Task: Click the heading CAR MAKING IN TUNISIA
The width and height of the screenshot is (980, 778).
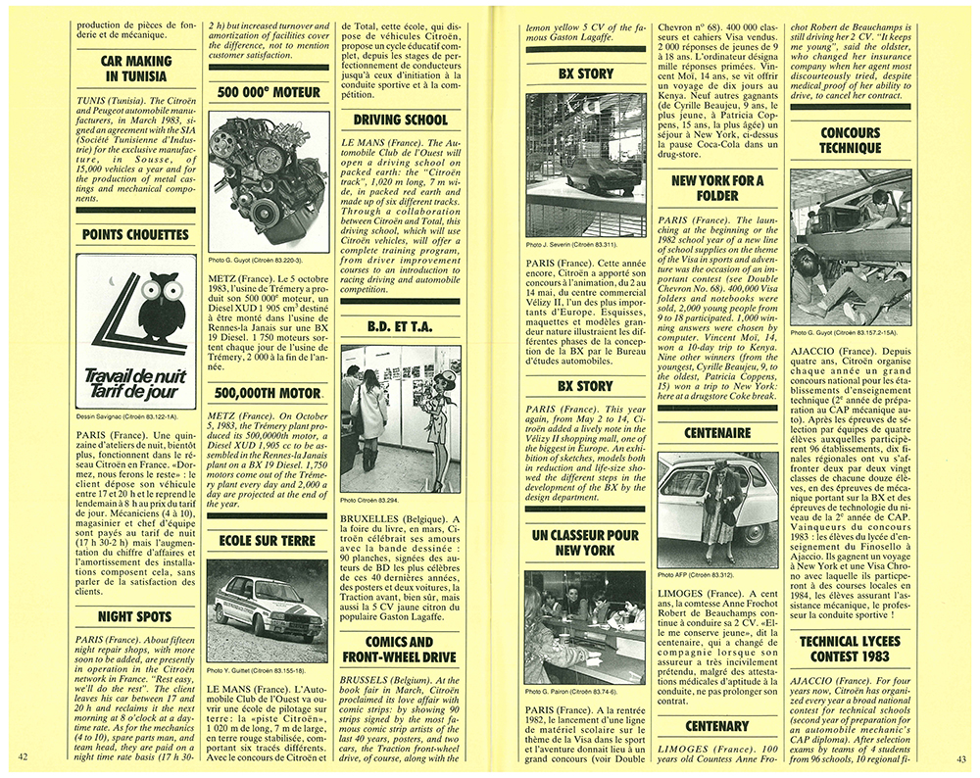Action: tap(136, 68)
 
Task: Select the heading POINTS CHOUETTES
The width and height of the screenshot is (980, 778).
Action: tap(136, 235)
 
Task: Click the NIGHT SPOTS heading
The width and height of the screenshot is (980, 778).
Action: tap(136, 617)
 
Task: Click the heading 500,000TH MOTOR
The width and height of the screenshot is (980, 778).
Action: tap(268, 394)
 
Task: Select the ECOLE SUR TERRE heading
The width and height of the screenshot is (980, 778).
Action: tap(268, 540)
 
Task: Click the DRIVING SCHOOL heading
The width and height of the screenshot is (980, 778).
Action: tap(400, 121)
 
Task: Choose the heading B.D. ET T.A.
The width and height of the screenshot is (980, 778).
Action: tap(400, 327)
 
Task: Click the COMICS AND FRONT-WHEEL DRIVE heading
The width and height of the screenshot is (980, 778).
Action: tap(400, 650)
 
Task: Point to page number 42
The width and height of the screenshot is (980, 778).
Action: tap(25, 757)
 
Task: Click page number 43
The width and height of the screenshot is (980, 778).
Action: tap(961, 757)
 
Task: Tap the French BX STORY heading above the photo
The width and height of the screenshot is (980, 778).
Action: tap(585, 73)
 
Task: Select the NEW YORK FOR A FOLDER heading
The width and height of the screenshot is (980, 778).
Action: tap(717, 188)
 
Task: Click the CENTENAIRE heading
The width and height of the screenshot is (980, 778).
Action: tap(717, 432)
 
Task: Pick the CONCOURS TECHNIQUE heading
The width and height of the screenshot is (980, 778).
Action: tap(850, 140)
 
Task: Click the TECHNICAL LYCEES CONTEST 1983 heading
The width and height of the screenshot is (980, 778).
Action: tap(850, 650)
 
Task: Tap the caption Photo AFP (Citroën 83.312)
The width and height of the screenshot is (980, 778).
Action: tap(697, 573)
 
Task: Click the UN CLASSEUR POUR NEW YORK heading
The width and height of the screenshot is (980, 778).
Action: tap(585, 543)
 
